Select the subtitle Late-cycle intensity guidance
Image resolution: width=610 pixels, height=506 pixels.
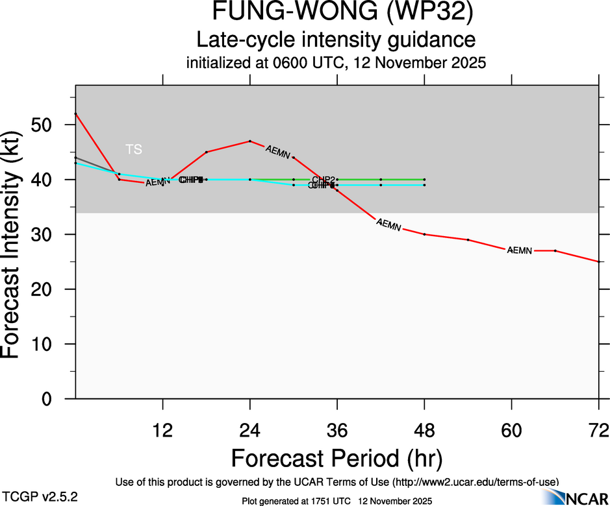[x=337, y=40]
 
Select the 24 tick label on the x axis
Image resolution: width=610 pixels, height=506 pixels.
[x=249, y=430]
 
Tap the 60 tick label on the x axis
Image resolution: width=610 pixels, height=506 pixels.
[x=511, y=430]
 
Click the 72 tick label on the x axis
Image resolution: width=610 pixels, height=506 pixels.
[x=598, y=430]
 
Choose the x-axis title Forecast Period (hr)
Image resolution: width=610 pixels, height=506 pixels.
[x=337, y=459]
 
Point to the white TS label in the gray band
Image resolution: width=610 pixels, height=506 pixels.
[x=133, y=150]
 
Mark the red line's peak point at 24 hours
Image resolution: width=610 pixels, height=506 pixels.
[x=249, y=141]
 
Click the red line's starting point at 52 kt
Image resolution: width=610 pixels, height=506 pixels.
[x=75, y=114]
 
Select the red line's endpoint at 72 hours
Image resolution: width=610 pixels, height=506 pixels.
[x=598, y=261]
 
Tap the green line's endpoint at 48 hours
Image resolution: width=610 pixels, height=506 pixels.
[x=424, y=179]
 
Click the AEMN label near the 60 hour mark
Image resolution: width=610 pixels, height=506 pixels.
[x=520, y=250]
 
